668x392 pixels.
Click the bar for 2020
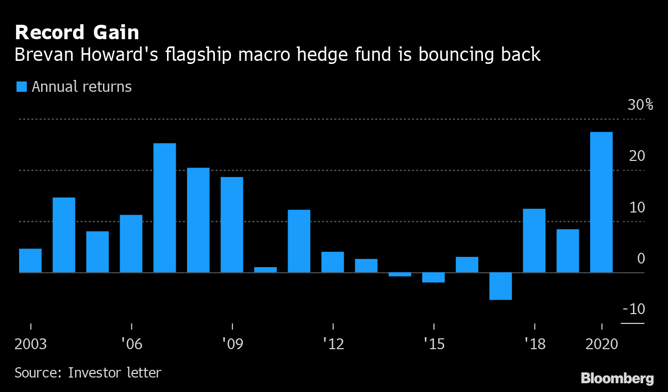tap(601, 202)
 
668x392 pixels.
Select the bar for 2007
tap(164, 208)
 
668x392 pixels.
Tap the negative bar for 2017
tap(500, 286)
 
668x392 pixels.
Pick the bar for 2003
tap(30, 260)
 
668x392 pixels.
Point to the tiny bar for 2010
tap(265, 270)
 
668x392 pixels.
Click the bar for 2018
tap(534, 240)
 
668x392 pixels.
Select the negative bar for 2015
tap(433, 277)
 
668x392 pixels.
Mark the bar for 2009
tap(231, 225)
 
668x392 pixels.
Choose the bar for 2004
tap(64, 235)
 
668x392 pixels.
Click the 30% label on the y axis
tap(640, 105)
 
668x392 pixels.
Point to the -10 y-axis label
tap(633, 309)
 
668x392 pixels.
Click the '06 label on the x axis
tap(131, 344)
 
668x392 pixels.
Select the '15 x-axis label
tap(433, 344)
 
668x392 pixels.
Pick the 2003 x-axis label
tap(30, 344)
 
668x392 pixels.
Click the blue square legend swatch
tap(21, 87)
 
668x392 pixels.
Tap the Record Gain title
tap(77, 32)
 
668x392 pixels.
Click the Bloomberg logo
tap(617, 378)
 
